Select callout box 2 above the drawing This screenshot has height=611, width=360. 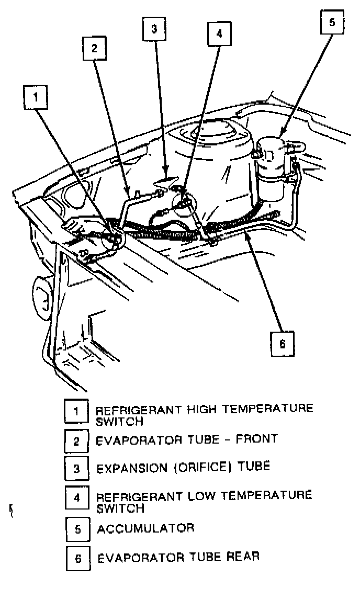click(x=94, y=49)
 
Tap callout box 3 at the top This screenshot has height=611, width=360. click(x=154, y=29)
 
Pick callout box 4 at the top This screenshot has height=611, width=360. click(x=219, y=34)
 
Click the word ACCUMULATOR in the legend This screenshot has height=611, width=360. click(x=145, y=528)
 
